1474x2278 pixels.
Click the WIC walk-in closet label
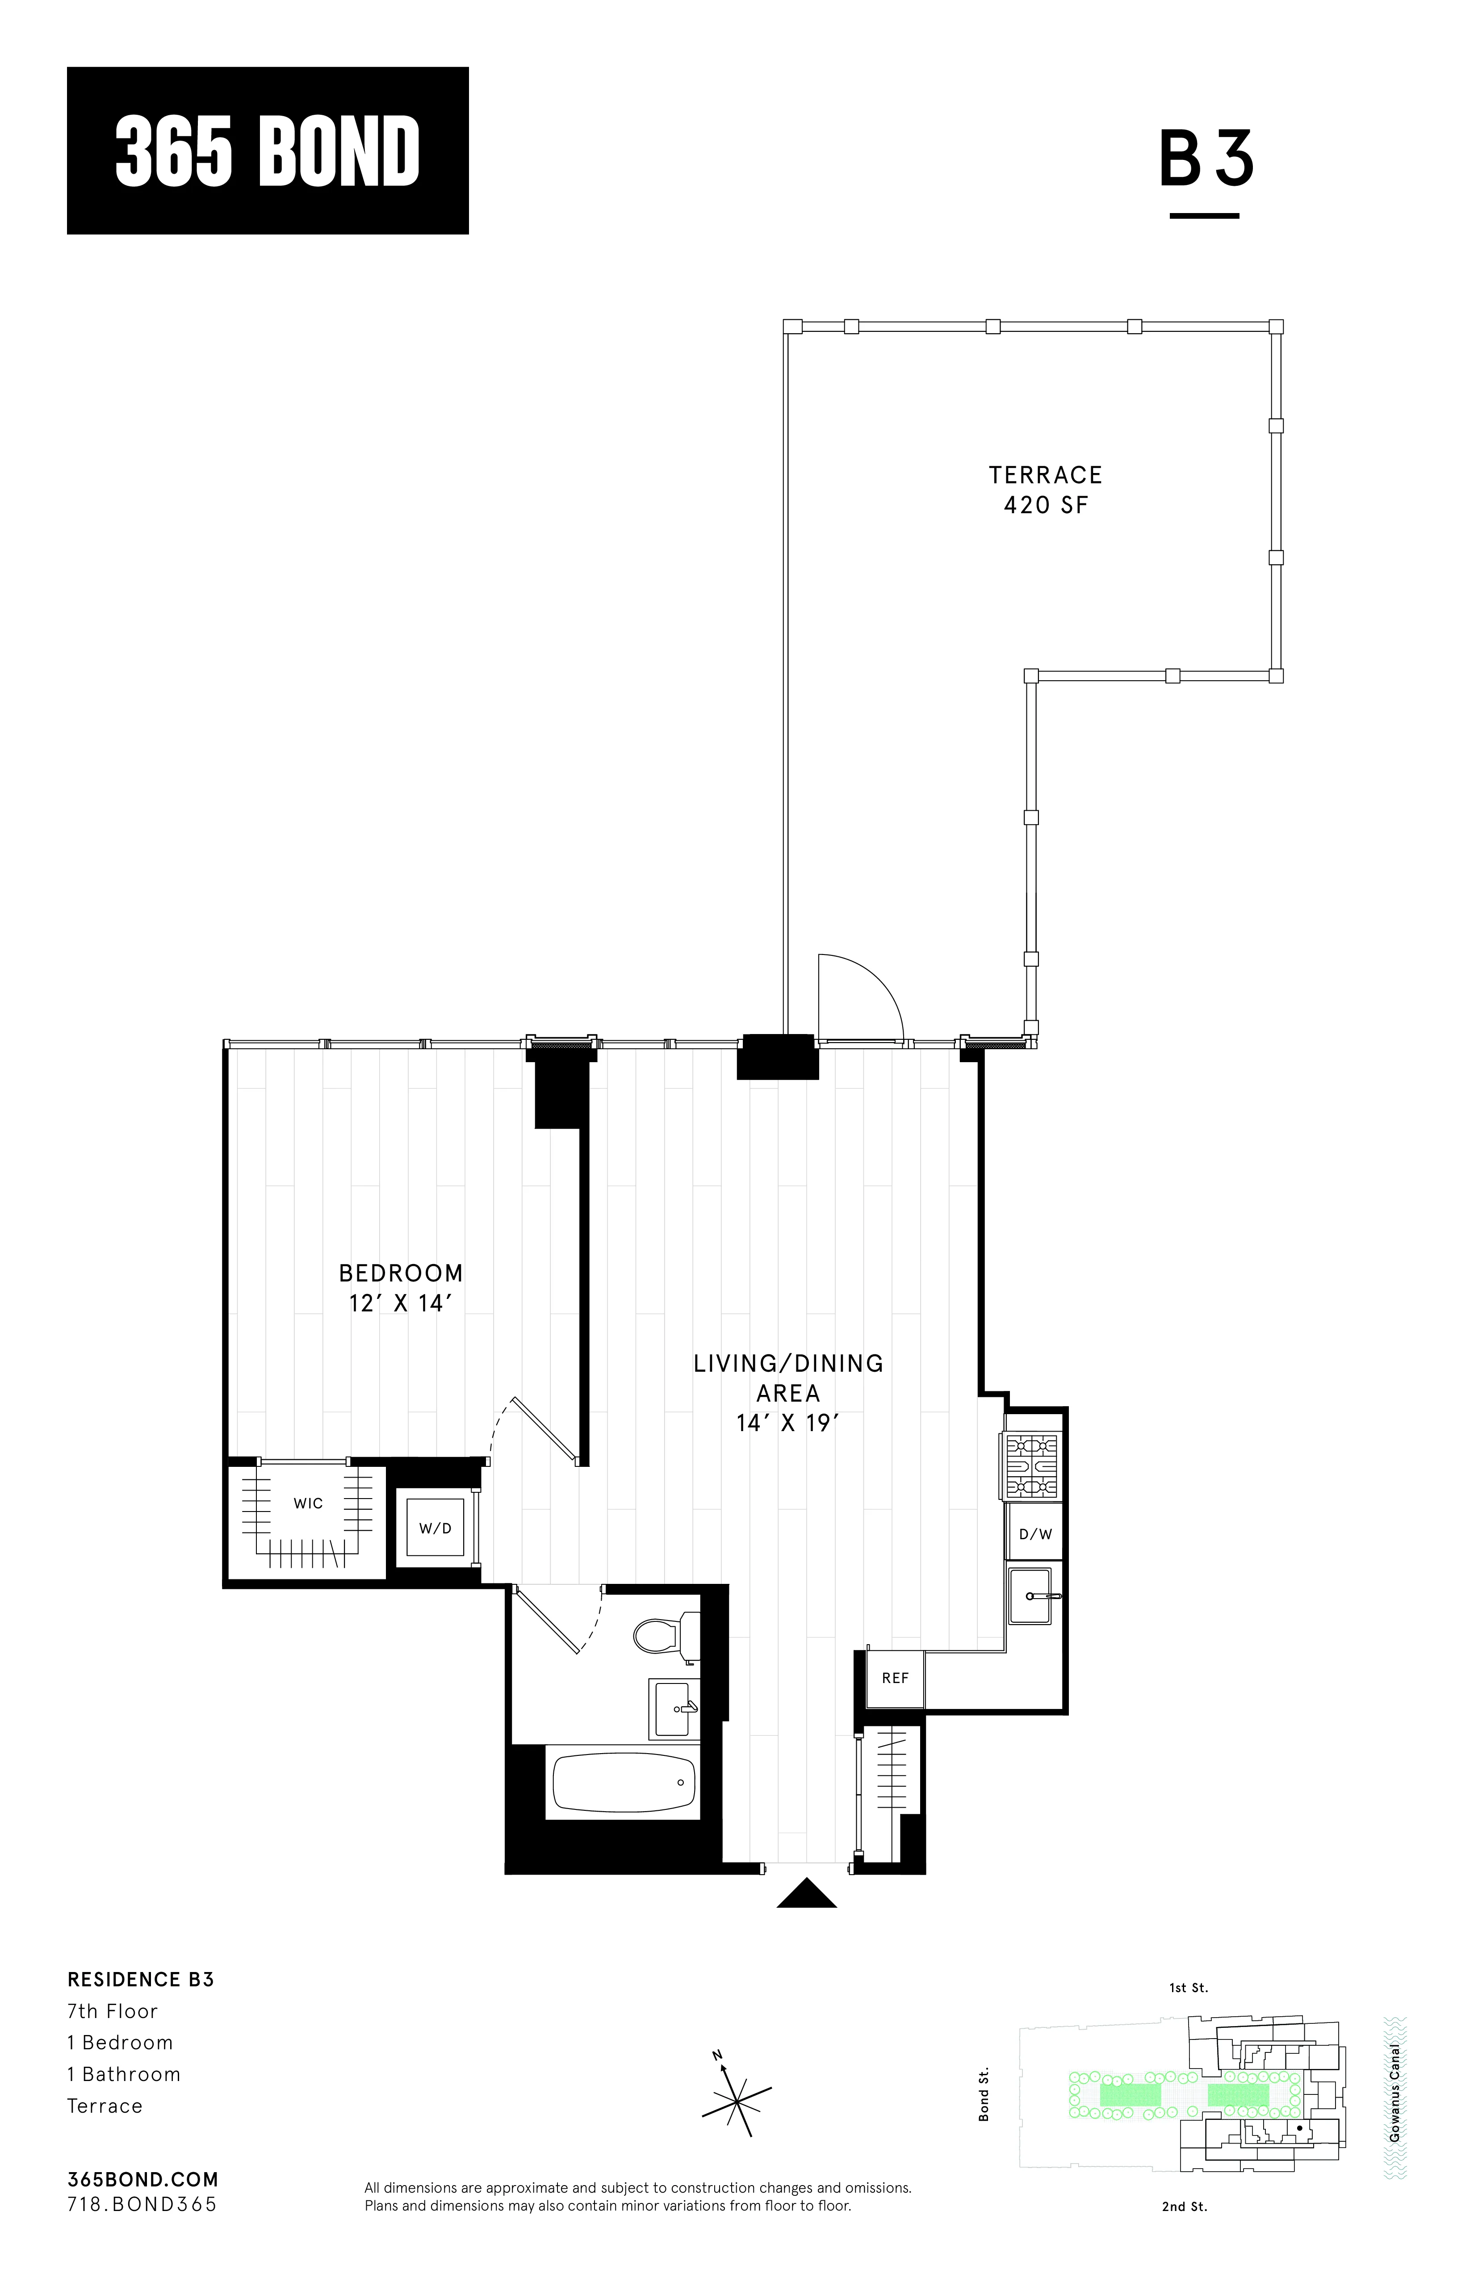(308, 1503)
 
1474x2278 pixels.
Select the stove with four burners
(1032, 1466)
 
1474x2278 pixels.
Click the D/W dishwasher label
(1034, 1534)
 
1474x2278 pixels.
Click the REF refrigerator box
(895, 1678)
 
